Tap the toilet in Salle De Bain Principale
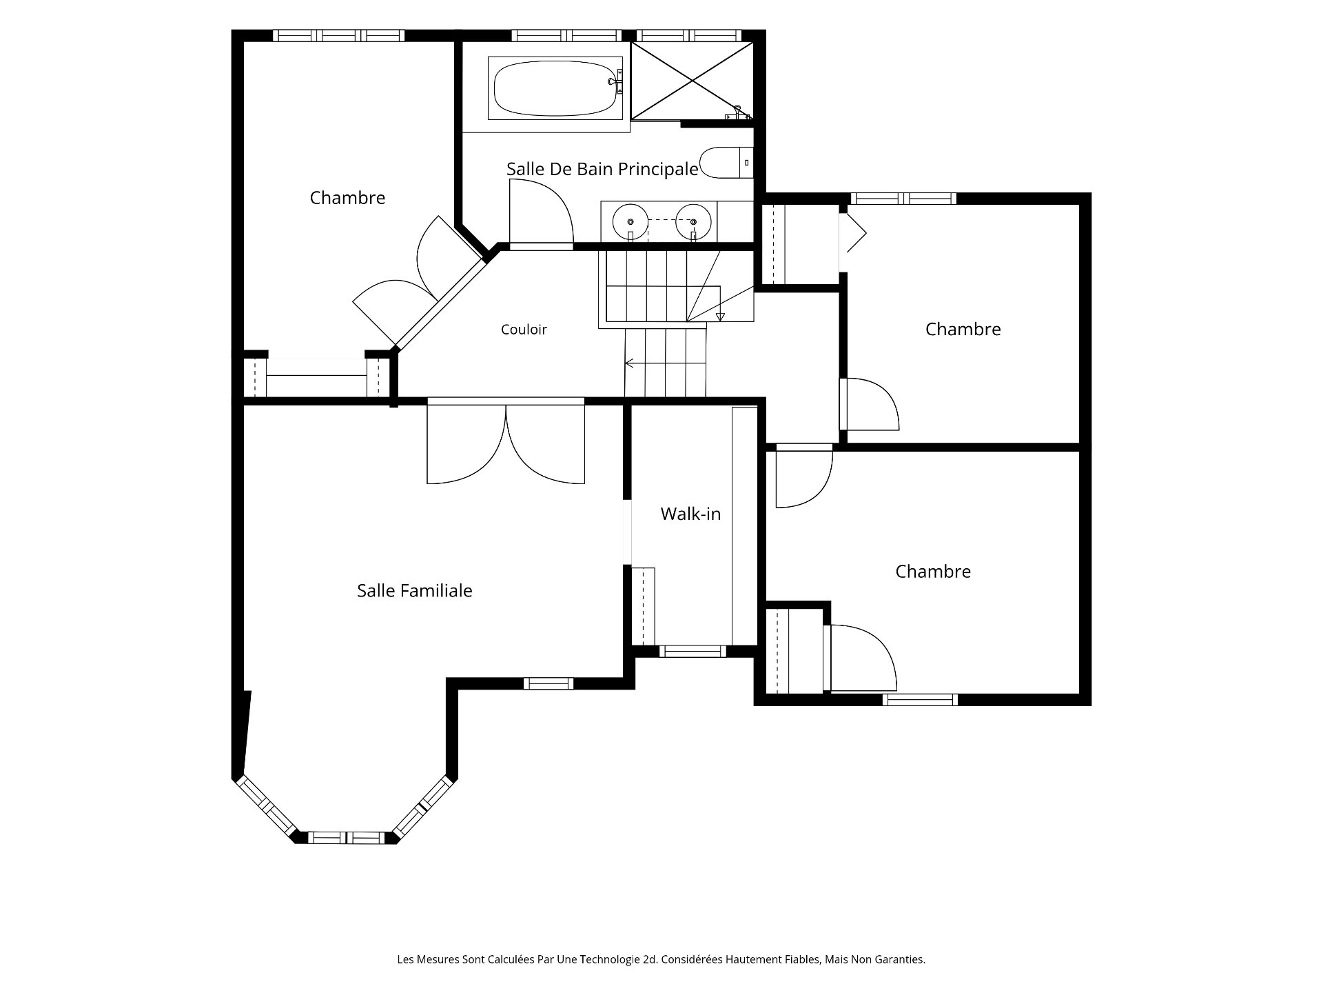click(x=726, y=162)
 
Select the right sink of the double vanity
click(x=693, y=221)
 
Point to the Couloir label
click(x=524, y=330)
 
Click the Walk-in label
click(x=690, y=514)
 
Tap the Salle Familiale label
click(x=415, y=591)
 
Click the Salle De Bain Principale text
click(x=602, y=169)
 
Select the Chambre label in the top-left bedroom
click(x=347, y=198)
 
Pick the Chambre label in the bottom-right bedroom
click(x=933, y=572)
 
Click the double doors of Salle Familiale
click(x=506, y=441)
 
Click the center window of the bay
click(x=345, y=838)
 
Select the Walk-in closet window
click(x=693, y=651)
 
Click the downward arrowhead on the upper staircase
click(x=721, y=317)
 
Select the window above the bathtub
click(x=566, y=36)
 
